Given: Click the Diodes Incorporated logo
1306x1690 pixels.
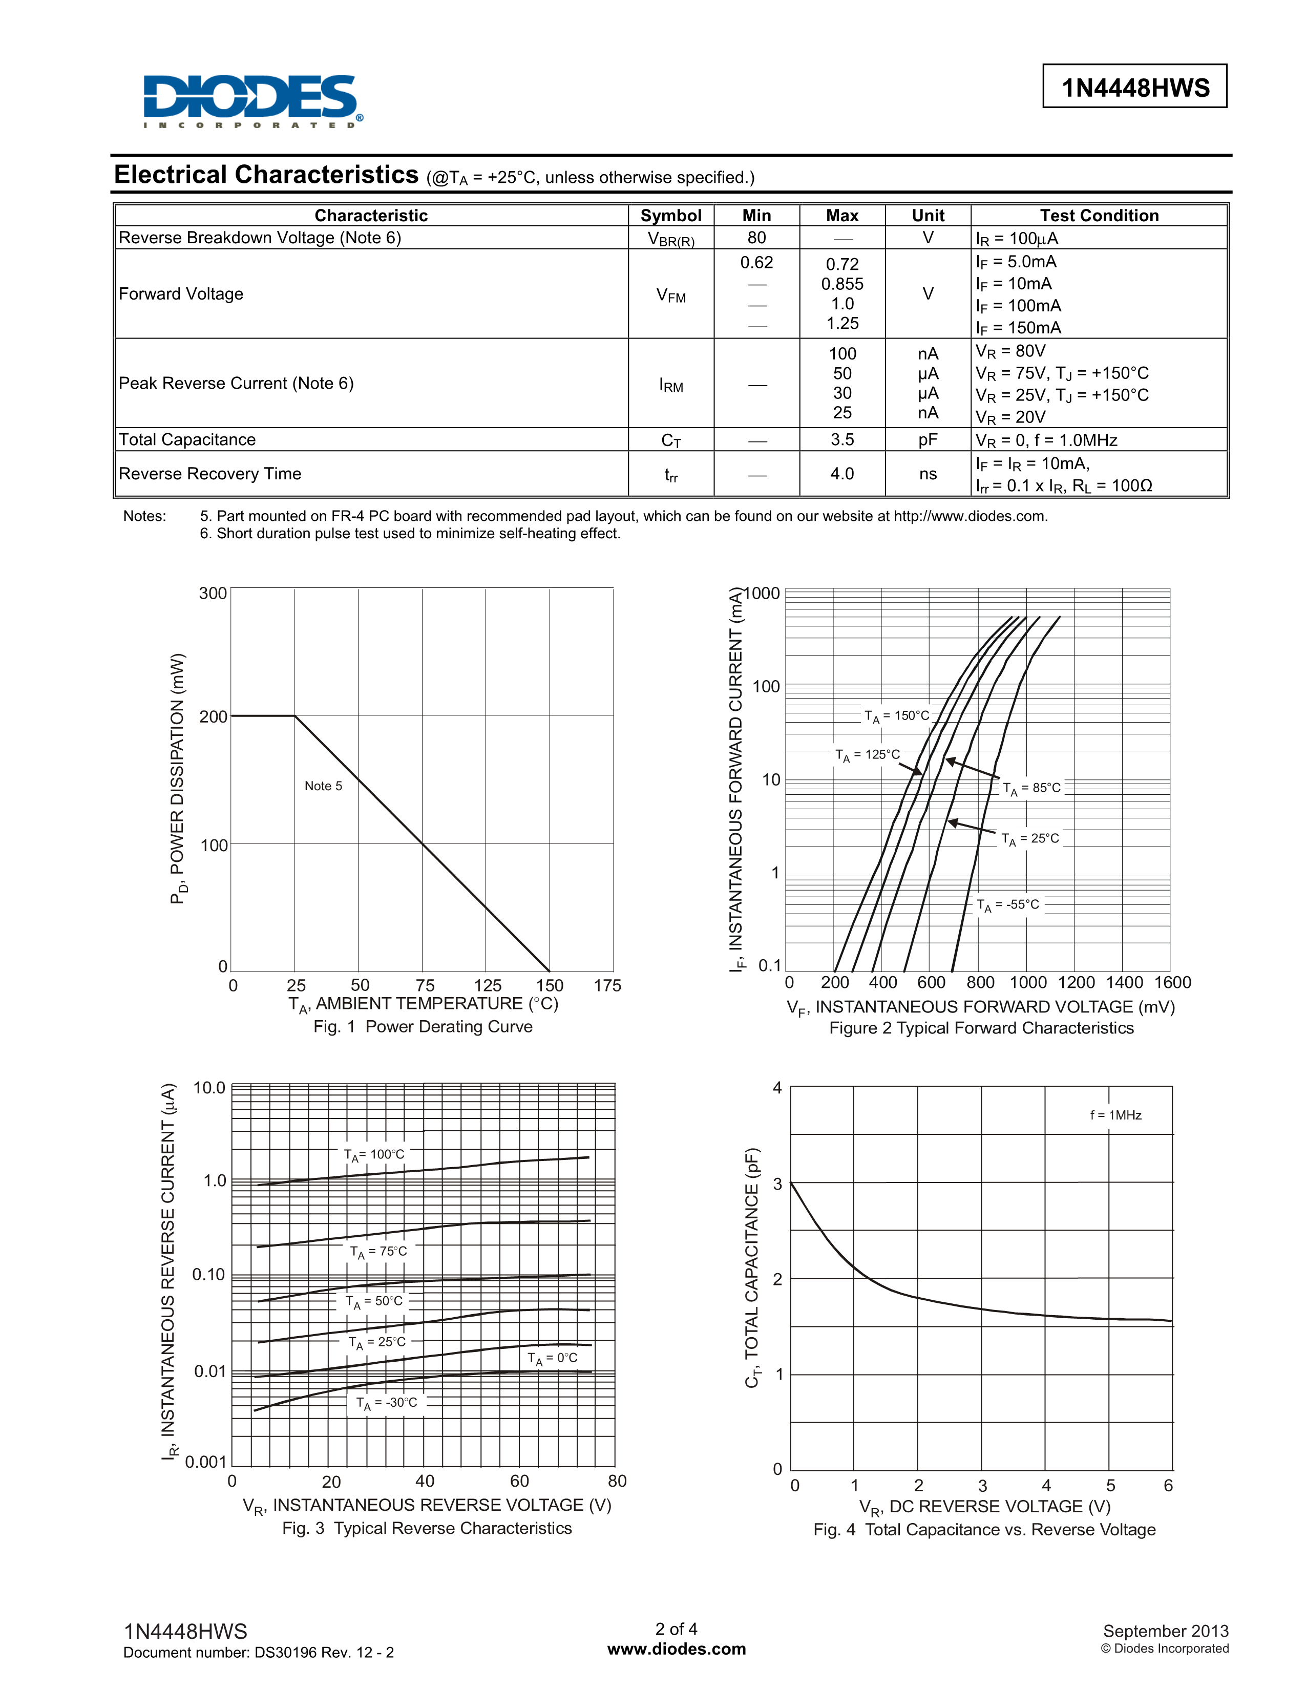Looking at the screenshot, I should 251,100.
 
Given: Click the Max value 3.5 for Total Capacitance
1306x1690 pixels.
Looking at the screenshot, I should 842,439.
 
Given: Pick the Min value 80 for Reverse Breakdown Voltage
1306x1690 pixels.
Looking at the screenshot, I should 756,238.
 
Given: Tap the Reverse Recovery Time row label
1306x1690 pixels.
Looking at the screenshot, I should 209,474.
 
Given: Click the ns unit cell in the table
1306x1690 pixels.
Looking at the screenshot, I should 928,474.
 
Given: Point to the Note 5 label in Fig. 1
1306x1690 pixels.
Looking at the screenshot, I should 323,786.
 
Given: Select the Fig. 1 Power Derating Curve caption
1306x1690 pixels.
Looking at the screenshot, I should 423,1026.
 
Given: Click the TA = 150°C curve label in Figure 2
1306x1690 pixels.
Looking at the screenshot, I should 897,716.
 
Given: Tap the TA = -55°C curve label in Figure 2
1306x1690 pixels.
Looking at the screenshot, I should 1008,904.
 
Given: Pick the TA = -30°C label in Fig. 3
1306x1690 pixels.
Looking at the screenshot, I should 386,1402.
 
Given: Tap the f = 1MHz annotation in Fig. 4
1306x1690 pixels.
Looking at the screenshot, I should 1115,1115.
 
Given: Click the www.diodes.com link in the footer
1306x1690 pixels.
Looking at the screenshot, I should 676,1649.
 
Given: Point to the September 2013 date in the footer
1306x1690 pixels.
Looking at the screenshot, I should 1165,1631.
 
